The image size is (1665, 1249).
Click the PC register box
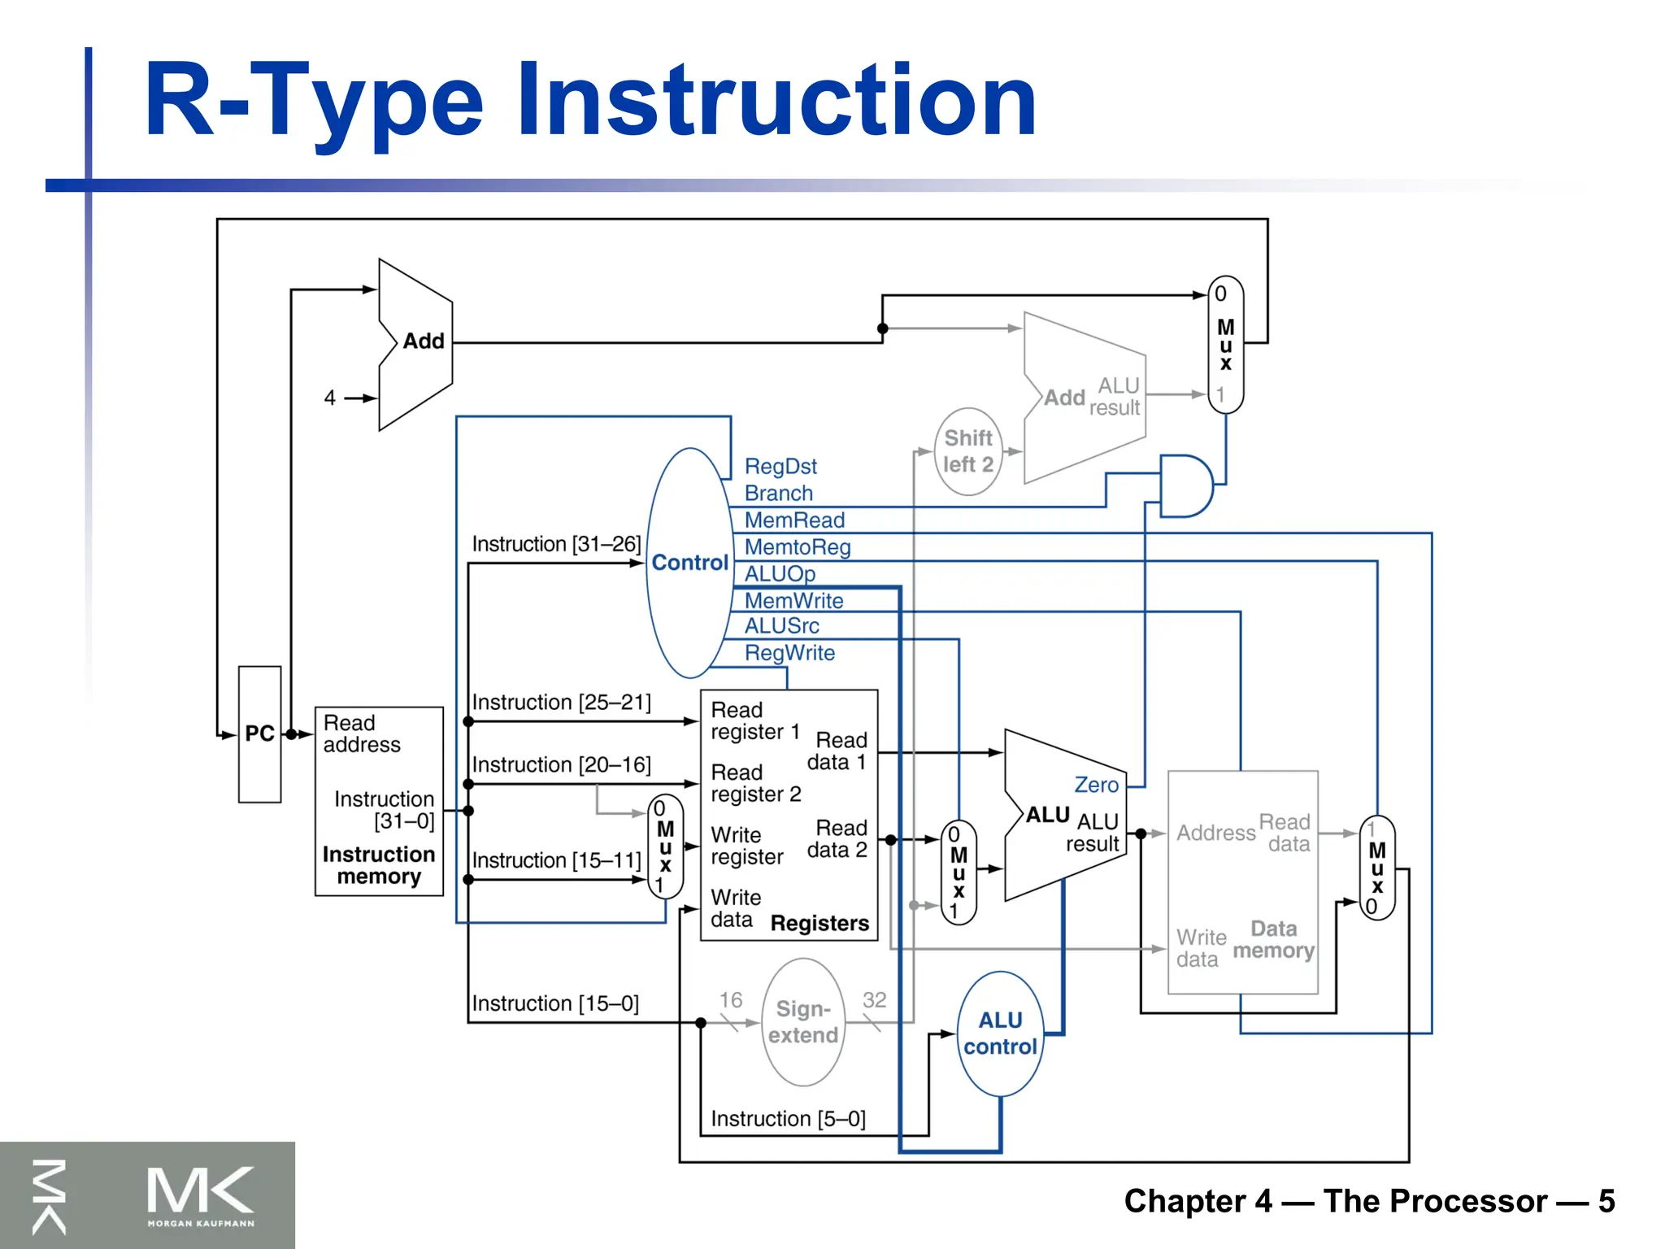[259, 734]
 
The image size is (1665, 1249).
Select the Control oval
[689, 563]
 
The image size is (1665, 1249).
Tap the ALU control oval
[1000, 1034]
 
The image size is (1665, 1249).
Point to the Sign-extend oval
[803, 1022]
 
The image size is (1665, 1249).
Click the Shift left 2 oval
[967, 451]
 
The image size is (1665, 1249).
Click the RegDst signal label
[780, 467]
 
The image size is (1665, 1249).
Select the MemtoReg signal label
[798, 547]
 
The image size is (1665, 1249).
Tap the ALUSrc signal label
[781, 626]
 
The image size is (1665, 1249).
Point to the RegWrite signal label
[789, 653]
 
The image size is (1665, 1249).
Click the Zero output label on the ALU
[1096, 785]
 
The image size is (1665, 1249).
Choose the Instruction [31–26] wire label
[556, 544]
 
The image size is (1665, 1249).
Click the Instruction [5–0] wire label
[788, 1119]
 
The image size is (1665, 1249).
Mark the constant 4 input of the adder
[329, 398]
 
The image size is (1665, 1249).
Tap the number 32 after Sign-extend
[874, 999]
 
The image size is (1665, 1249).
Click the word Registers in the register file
[819, 924]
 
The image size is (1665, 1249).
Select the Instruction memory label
[379, 865]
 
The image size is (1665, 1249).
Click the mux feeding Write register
[665, 846]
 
